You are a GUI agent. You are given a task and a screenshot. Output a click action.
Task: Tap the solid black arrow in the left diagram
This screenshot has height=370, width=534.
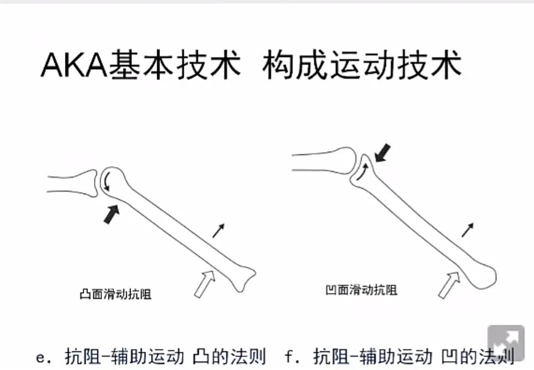(x=111, y=213)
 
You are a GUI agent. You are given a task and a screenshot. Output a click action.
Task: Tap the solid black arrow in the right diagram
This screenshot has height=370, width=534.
(x=382, y=153)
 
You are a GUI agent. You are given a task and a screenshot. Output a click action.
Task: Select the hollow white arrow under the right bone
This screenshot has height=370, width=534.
(x=449, y=283)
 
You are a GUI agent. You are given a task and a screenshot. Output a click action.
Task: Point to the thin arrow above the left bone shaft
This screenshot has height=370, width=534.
(x=219, y=230)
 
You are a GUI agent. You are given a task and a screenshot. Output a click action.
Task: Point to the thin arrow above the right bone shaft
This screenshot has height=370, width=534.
(x=468, y=230)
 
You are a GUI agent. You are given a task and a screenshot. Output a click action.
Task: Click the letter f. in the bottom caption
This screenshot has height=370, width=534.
(x=291, y=357)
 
